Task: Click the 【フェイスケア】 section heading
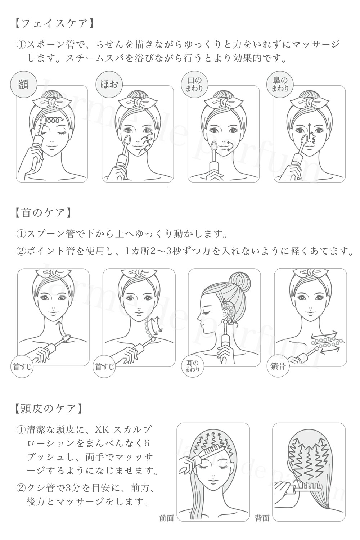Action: (x=54, y=24)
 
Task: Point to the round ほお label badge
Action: (x=109, y=85)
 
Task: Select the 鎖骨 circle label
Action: (x=278, y=366)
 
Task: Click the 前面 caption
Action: (x=167, y=518)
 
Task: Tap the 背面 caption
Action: (x=262, y=518)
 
